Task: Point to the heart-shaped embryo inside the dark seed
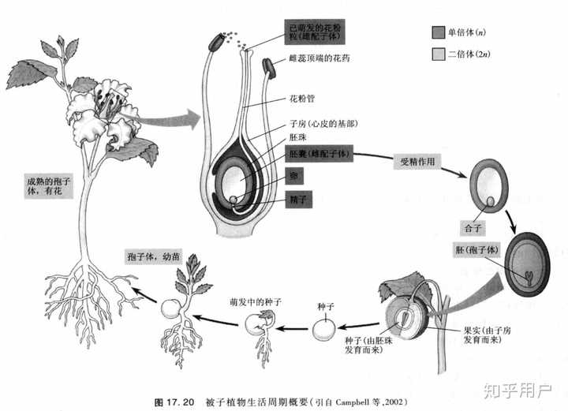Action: click(x=528, y=276)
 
